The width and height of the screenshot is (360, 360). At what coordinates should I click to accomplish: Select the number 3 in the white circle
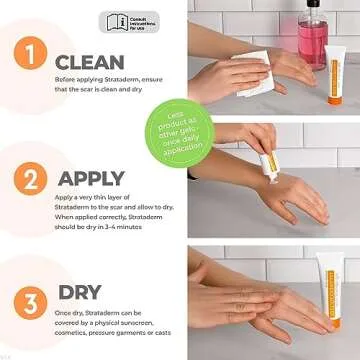point(32,301)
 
